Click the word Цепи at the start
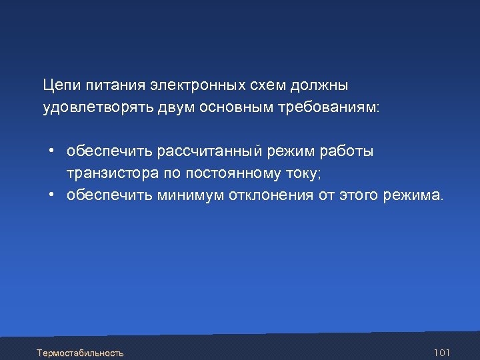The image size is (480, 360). click(x=59, y=86)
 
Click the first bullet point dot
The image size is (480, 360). click(x=51, y=151)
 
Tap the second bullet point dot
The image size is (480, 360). click(x=51, y=195)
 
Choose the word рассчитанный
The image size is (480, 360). click(x=210, y=151)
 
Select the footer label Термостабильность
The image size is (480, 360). click(x=81, y=351)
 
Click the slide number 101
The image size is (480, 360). click(x=441, y=351)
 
